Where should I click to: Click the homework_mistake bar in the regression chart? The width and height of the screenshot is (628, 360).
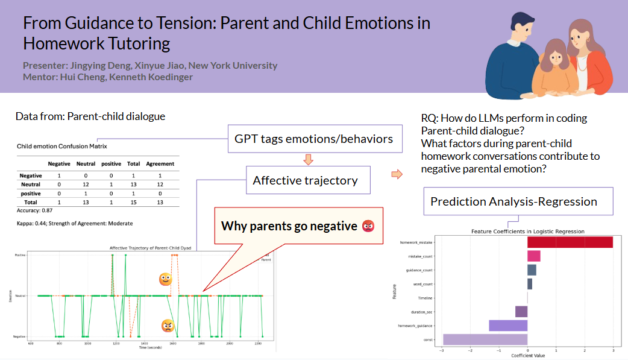570,242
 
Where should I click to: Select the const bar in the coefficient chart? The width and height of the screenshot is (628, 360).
485,339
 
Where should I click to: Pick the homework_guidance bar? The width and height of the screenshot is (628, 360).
507,326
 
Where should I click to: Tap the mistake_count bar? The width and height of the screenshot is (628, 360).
533,256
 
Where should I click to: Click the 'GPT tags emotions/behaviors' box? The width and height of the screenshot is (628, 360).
313,139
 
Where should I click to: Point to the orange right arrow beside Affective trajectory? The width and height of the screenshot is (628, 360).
397,174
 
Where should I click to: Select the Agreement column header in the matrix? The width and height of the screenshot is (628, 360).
160,163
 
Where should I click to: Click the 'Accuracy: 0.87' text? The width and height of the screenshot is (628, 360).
33,211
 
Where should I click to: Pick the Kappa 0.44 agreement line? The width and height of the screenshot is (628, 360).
75,223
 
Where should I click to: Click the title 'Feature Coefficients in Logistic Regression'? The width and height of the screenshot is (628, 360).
527,232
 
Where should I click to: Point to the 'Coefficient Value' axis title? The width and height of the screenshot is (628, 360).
527,355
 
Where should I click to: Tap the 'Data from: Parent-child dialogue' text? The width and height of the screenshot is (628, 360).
90,116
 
